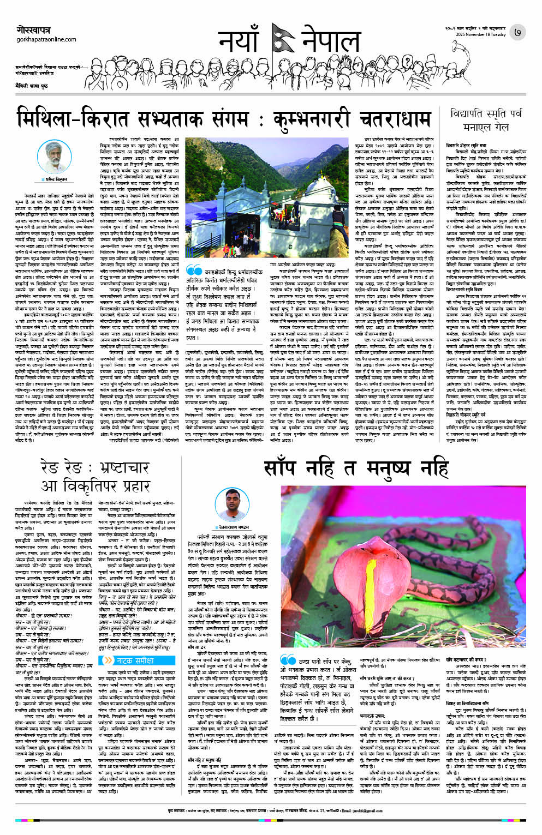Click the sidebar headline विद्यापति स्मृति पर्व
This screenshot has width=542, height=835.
[486, 115]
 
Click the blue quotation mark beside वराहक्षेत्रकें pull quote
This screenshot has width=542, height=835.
[194, 271]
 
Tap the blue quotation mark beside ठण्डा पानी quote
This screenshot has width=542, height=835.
[288, 659]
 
